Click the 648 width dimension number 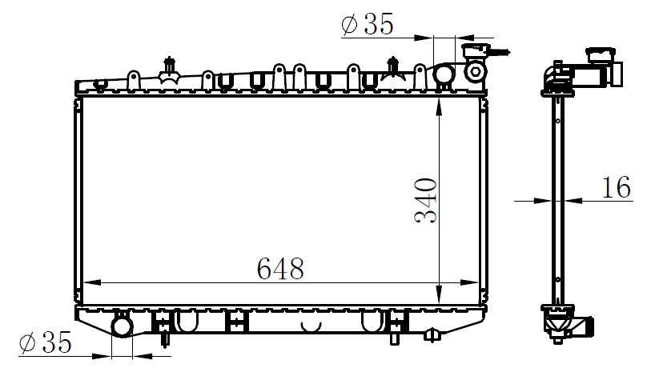pyautogui.click(x=280, y=268)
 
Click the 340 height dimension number pyautogui.click(x=426, y=201)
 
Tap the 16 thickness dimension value pyautogui.click(x=616, y=187)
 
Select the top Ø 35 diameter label pyautogui.click(x=368, y=24)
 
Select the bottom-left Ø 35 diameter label pyautogui.click(x=45, y=342)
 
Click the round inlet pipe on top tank pyautogui.click(x=444, y=74)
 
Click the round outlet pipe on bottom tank pyautogui.click(x=122, y=326)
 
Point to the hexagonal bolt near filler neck pyautogui.click(x=476, y=71)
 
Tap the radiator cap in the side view pyautogui.click(x=601, y=55)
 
